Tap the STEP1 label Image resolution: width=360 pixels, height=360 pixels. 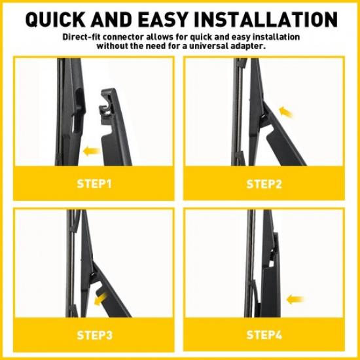94,184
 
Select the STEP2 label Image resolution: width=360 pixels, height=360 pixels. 264,184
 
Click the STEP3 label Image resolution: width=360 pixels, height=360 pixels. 94,335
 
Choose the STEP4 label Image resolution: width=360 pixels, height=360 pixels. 264,335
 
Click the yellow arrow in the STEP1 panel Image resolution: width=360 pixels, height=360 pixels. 92,151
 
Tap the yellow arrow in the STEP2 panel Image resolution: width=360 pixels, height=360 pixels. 285,112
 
